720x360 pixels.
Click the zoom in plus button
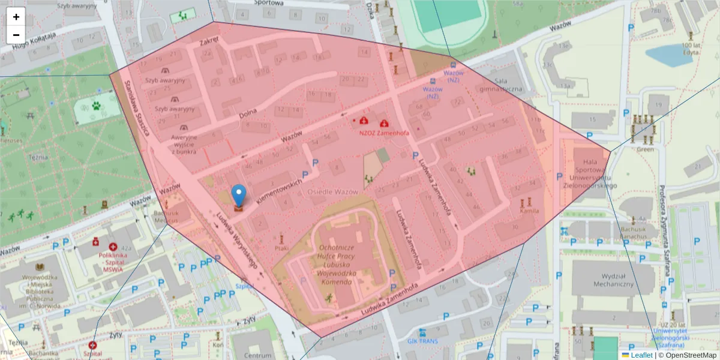tap(16, 17)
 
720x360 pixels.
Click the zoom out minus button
tap(16, 35)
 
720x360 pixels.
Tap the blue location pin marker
tap(239, 195)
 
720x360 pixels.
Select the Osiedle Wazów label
tap(333, 192)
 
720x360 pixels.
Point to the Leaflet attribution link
tap(641, 355)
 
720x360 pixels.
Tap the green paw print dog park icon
tap(96, 106)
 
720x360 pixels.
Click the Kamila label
tap(529, 211)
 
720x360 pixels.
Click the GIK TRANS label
tap(422, 341)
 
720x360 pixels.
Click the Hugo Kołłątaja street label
tap(34, 36)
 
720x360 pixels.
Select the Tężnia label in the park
tap(37, 157)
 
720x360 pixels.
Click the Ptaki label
tap(281, 247)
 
